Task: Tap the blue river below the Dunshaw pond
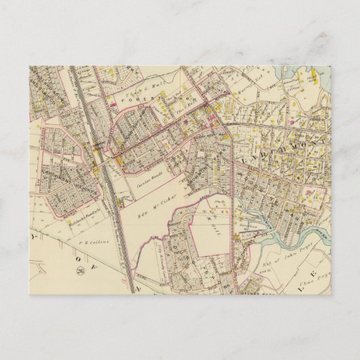pos(272,238)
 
